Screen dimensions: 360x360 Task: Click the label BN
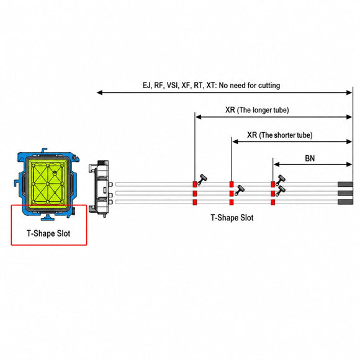tap(310, 158)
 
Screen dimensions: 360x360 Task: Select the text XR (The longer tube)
tap(257, 110)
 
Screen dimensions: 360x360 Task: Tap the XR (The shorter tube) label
tap(280, 135)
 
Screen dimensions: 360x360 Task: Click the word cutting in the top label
tap(269, 86)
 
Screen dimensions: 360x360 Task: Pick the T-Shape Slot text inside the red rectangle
tap(48, 233)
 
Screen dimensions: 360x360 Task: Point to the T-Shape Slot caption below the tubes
tap(232, 218)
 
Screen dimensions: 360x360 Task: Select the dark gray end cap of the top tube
tap(345, 184)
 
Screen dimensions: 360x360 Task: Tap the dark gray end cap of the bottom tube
tap(345, 202)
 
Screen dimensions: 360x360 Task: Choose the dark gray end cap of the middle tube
tap(345, 193)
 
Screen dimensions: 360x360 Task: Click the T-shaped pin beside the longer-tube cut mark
tap(202, 179)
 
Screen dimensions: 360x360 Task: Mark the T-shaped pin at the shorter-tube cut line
tap(239, 190)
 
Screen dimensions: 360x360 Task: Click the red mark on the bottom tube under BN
tap(272, 202)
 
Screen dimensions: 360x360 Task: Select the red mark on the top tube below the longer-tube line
tap(195, 184)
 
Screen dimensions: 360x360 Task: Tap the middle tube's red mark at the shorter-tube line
tap(232, 193)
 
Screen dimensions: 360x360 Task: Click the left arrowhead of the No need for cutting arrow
tap(100, 92)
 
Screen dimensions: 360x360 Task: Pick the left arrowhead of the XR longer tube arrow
tap(199, 117)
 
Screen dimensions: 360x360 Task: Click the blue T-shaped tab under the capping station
tap(48, 217)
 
